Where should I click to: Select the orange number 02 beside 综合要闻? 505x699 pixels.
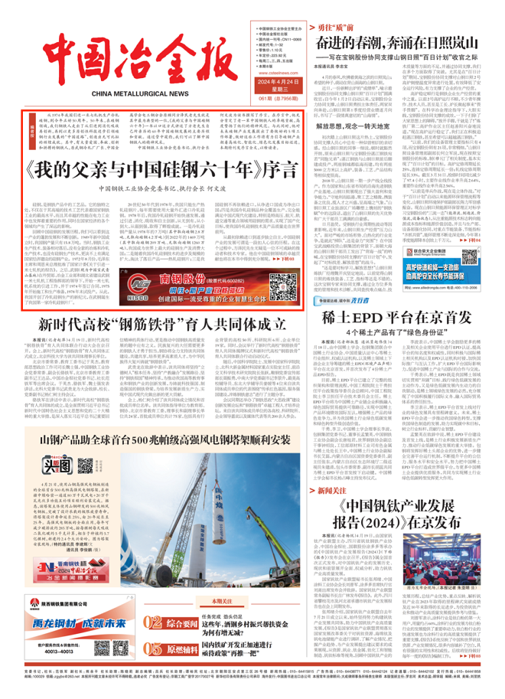154,639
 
